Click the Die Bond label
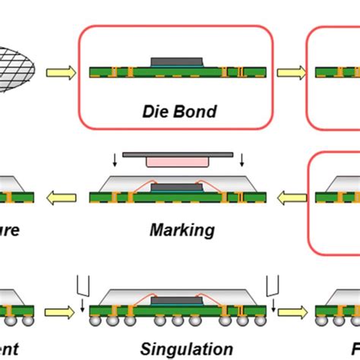179,112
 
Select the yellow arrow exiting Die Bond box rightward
291,74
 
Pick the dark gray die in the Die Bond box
178,62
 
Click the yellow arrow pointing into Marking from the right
291,199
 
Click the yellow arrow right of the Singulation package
291,311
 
